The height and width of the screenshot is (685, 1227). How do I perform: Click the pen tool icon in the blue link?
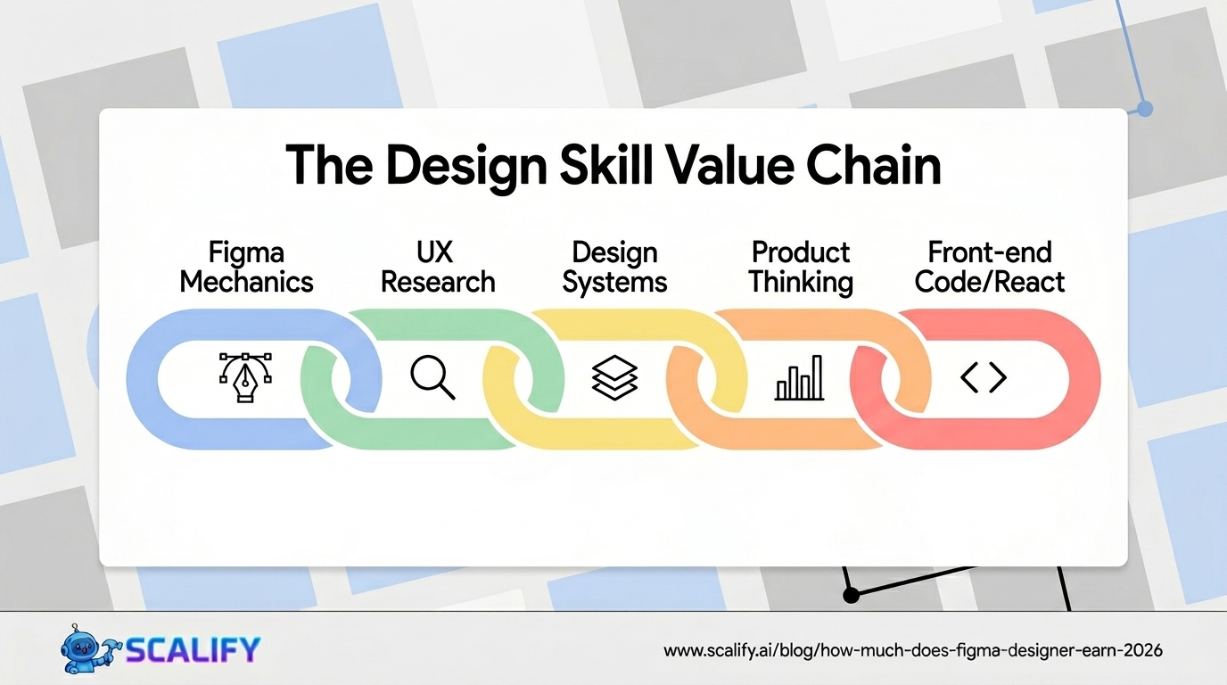pos(246,378)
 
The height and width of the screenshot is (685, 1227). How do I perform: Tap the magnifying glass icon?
pos(433,378)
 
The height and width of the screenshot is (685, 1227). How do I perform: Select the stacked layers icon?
pos(615,378)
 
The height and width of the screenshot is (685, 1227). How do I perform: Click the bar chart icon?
pos(800,378)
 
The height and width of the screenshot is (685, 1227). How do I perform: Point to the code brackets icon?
pos(984,378)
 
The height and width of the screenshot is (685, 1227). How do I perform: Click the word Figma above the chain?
pos(246,252)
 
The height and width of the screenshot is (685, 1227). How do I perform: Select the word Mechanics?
pos(246,283)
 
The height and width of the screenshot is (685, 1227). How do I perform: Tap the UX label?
pos(436,252)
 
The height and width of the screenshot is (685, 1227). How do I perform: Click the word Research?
pos(438,283)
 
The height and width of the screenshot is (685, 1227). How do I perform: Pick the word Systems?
pos(615,283)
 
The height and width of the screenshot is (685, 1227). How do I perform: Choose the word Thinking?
pos(801,283)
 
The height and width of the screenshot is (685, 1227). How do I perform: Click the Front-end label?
pos(990,252)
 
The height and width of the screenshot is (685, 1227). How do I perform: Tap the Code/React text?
pos(990,283)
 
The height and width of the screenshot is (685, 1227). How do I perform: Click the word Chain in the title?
pos(873,165)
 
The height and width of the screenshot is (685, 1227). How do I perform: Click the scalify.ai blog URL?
pos(913,651)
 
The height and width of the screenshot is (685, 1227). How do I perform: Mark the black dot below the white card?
pos(851,594)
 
